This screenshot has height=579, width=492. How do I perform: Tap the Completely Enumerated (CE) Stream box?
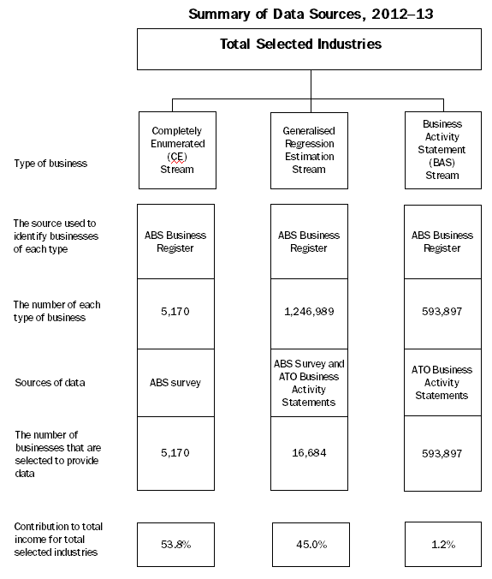point(176,150)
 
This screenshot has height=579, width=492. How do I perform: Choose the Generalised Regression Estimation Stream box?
point(309,150)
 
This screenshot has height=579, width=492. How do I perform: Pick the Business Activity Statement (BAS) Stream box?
point(442,150)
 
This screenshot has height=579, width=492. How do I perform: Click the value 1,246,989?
point(309,312)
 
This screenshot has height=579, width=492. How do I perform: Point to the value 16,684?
point(309,452)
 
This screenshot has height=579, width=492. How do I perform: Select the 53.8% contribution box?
point(176,543)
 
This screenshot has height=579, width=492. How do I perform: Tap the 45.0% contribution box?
point(309,543)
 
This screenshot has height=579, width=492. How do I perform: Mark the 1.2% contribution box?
point(442,543)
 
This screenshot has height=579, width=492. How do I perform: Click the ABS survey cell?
point(176,382)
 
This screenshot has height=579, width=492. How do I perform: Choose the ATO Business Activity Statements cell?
point(442,382)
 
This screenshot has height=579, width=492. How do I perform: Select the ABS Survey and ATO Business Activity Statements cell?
point(309,382)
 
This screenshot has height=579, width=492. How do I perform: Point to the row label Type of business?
point(50,163)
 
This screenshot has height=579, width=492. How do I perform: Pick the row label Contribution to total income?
point(56,540)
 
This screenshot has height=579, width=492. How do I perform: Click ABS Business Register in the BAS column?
point(442,241)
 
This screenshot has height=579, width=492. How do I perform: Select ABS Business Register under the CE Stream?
point(176,241)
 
